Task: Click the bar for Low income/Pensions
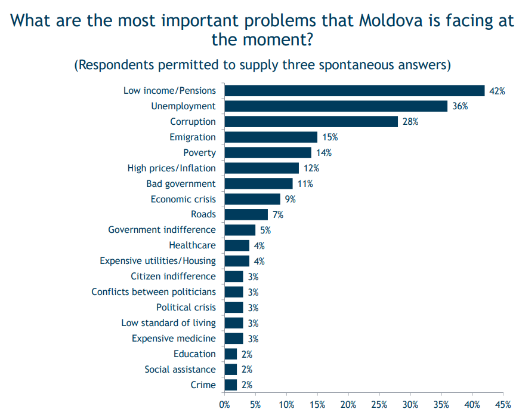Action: pyautogui.click(x=354, y=91)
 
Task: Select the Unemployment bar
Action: pyautogui.click(x=336, y=106)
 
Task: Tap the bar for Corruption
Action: pyautogui.click(x=311, y=122)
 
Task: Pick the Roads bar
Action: pyautogui.click(x=246, y=214)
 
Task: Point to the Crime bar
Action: pyautogui.click(x=231, y=385)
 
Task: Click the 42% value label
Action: pyautogui.click(x=497, y=91)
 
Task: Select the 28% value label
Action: pyautogui.click(x=410, y=122)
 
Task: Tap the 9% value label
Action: pyautogui.click(x=291, y=199)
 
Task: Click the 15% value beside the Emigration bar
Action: pyautogui.click(x=330, y=137)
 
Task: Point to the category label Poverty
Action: pyautogui.click(x=200, y=153)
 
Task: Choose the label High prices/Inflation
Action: pyautogui.click(x=171, y=168)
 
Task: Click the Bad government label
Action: pyautogui.click(x=181, y=184)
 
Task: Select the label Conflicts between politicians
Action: pyautogui.click(x=153, y=292)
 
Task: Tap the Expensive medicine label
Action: pyautogui.click(x=174, y=339)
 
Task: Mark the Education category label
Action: pyautogui.click(x=194, y=354)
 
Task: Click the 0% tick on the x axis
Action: pyautogui.click(x=224, y=405)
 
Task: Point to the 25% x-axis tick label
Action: pyautogui.click(x=379, y=405)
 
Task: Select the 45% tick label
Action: pyautogui.click(x=503, y=405)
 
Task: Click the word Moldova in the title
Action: pyautogui.click(x=391, y=20)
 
